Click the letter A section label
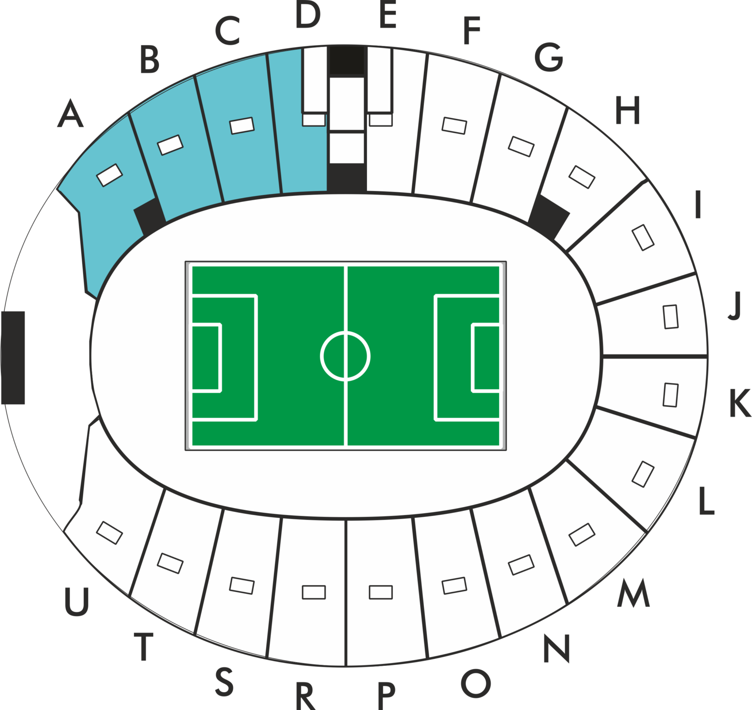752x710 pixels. click(x=70, y=113)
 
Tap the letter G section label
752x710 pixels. click(x=548, y=57)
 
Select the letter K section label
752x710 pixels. click(x=740, y=403)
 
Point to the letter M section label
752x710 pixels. click(x=634, y=593)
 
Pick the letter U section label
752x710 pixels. click(x=77, y=602)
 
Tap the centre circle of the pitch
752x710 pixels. click(x=345, y=356)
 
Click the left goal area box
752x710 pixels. click(x=206, y=358)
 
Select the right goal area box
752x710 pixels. click(x=486, y=358)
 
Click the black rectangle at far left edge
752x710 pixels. click(x=13, y=358)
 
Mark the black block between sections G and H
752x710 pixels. click(x=549, y=216)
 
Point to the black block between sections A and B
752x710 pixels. click(x=149, y=216)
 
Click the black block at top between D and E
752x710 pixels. click(x=347, y=60)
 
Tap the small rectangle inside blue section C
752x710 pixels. click(x=242, y=125)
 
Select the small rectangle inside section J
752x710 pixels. click(x=671, y=317)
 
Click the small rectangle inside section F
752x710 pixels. click(x=454, y=125)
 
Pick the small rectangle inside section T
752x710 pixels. click(x=170, y=563)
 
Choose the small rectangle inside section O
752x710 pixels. click(x=454, y=586)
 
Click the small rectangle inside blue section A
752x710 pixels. click(x=110, y=175)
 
